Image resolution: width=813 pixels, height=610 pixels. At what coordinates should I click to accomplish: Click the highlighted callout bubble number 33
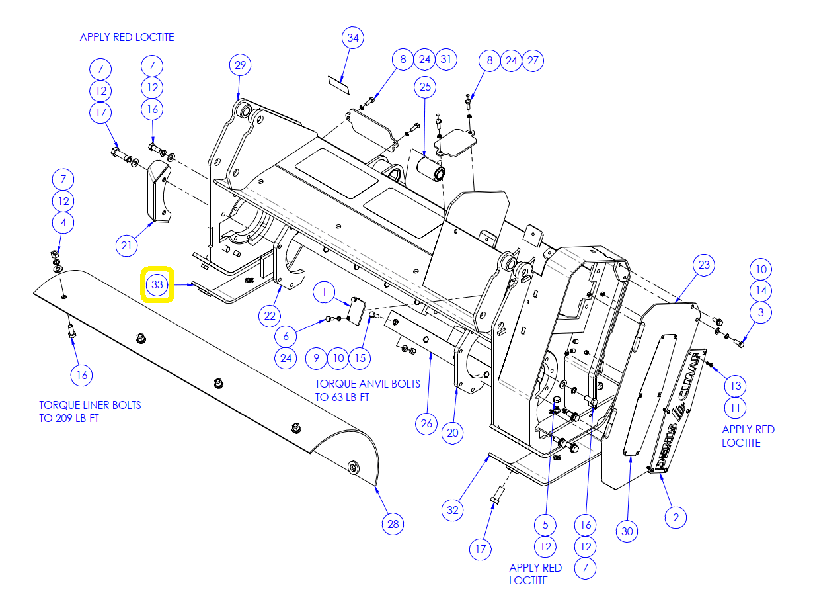click(x=157, y=284)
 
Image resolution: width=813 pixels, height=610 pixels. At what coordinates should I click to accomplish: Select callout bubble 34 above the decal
click(x=352, y=38)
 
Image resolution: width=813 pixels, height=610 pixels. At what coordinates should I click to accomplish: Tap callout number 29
click(x=240, y=65)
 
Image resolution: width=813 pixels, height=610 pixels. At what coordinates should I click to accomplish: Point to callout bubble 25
click(x=424, y=87)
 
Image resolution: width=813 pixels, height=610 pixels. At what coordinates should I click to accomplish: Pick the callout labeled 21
click(x=126, y=245)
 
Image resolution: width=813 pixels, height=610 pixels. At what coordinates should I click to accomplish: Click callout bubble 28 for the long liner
click(x=393, y=523)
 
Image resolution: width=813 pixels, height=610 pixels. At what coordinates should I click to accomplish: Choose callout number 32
click(x=452, y=510)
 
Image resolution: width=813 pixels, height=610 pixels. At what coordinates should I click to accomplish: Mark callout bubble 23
click(x=703, y=265)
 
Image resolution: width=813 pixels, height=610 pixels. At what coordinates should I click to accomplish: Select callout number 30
click(x=627, y=531)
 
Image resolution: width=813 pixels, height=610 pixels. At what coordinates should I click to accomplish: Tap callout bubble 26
click(x=426, y=423)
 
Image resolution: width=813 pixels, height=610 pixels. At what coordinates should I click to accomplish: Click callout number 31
click(x=446, y=60)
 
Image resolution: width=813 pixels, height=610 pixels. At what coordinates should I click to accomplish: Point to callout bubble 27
click(x=533, y=60)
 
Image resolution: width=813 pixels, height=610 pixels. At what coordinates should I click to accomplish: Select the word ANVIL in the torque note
click(x=371, y=384)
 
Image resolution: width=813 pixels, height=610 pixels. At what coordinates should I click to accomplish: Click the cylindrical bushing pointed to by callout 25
click(x=431, y=169)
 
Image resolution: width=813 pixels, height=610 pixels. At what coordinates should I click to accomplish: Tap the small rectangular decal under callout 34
click(x=338, y=85)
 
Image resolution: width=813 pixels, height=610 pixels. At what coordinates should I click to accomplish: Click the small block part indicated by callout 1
click(x=356, y=311)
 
